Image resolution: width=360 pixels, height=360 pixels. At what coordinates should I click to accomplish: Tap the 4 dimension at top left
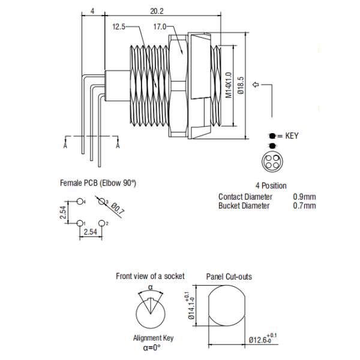pos(91,11)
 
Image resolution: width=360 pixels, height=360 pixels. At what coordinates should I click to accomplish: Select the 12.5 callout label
pos(119,26)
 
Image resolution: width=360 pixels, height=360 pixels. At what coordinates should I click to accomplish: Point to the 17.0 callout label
pos(160,26)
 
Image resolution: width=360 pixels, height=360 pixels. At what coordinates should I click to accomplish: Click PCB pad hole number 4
pos(80,203)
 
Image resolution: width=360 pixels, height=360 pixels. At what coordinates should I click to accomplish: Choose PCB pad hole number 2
pos(102,223)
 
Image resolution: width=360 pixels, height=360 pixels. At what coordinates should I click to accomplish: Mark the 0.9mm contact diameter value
pos(304,197)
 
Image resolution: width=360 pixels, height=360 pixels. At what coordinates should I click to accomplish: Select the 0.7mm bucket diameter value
pos(304,206)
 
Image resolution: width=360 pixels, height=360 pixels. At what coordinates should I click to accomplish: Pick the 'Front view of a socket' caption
pos(150,277)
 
